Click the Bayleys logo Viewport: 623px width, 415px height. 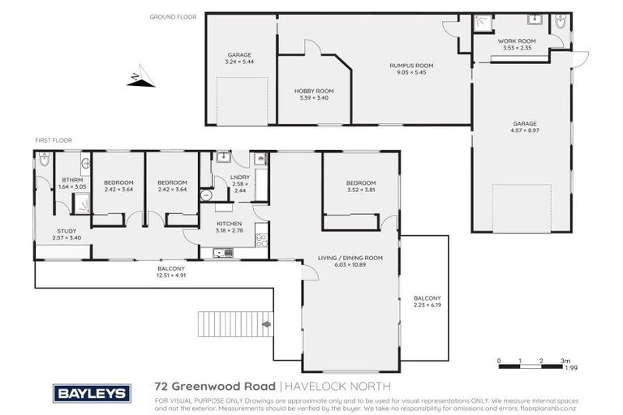coord(92,393)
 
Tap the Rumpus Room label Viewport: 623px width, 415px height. coord(412,65)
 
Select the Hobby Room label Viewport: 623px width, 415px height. coord(313,91)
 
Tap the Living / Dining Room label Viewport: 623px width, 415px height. coord(350,257)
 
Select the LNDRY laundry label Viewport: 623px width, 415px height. coord(239,177)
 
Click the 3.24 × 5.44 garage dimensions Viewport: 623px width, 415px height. coord(239,62)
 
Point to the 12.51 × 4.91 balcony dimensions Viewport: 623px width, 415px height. coord(172,276)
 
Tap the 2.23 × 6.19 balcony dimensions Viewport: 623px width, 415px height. coord(426,304)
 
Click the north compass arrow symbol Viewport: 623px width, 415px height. coord(140,79)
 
